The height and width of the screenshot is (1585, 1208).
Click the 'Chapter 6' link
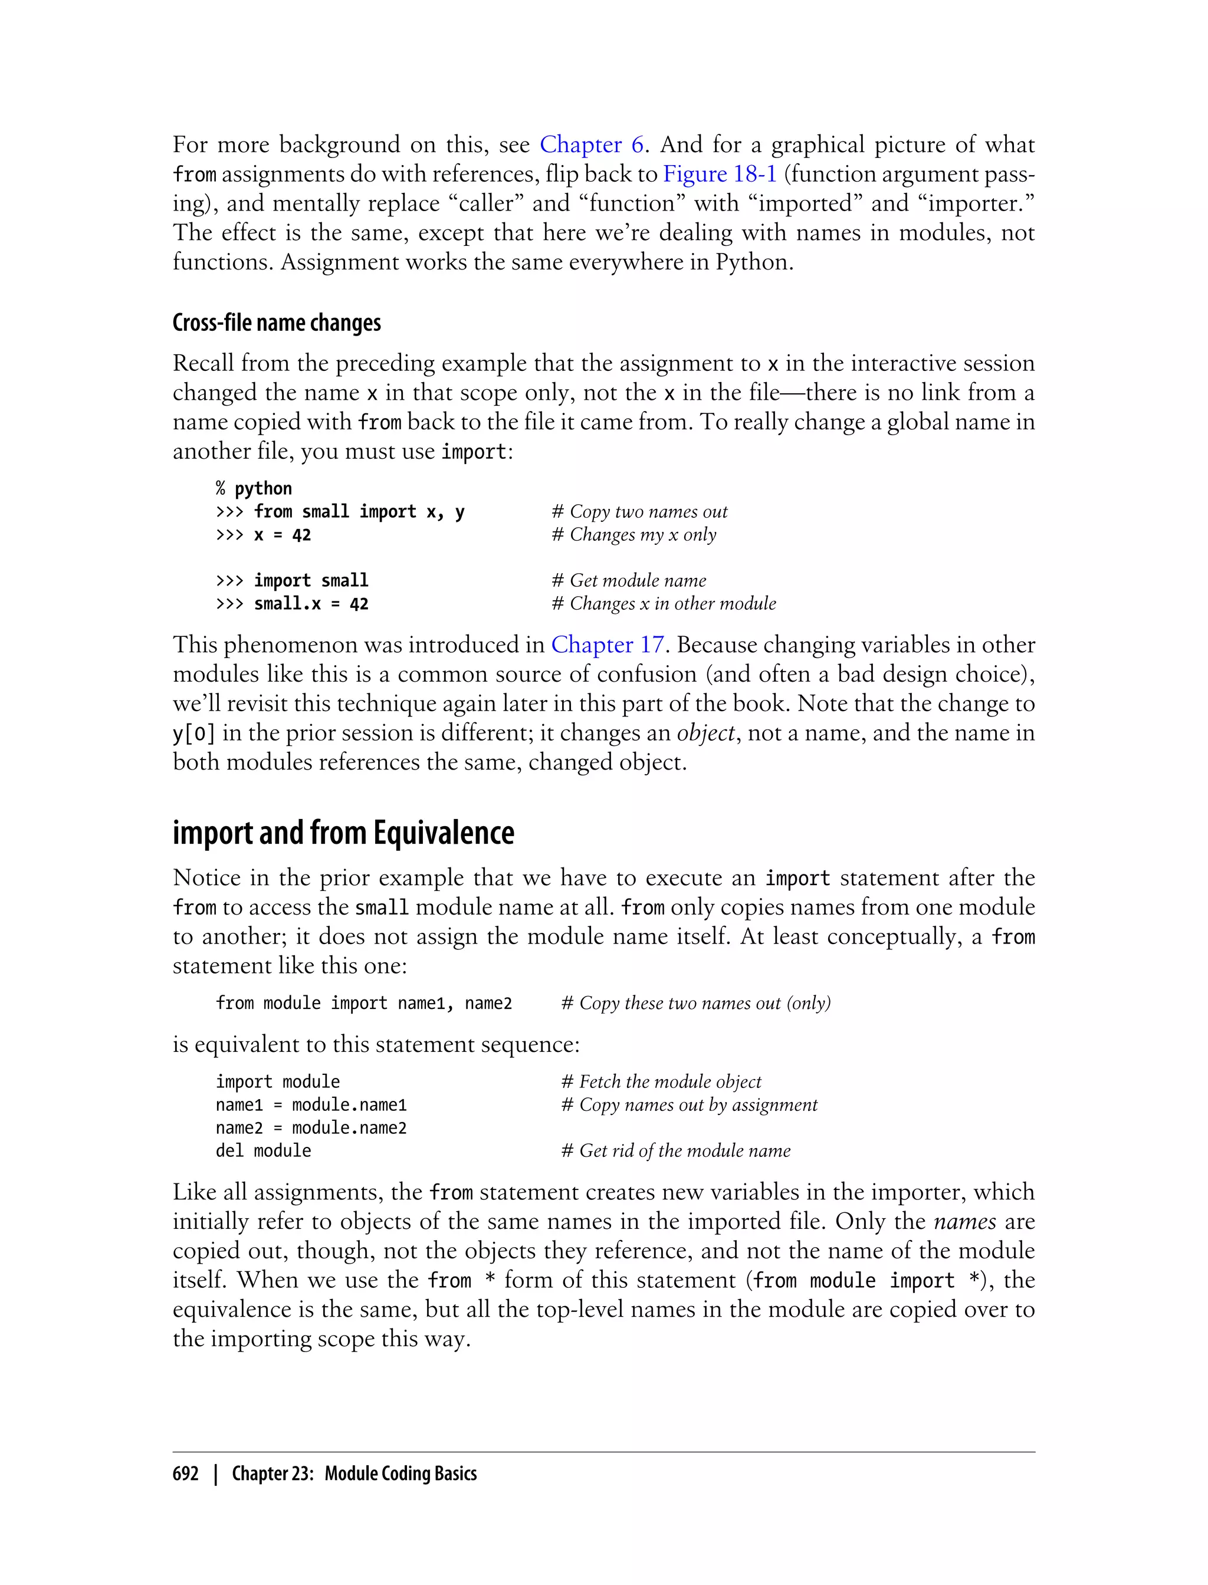[591, 144]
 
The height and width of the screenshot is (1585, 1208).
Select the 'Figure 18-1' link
[719, 174]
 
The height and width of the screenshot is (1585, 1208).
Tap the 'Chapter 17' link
[607, 644]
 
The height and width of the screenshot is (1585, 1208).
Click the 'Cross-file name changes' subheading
[277, 323]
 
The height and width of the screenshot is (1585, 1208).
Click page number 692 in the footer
[186, 1474]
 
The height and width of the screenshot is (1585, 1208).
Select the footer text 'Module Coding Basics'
[401, 1474]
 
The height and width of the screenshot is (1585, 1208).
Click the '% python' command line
[254, 489]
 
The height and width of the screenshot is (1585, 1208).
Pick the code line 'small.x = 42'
[311, 604]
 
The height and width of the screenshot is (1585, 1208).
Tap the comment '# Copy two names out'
[639, 512]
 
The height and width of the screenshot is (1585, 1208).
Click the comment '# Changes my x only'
[633, 535]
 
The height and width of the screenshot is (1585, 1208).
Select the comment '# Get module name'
[628, 581]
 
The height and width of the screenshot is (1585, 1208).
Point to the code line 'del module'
[263, 1151]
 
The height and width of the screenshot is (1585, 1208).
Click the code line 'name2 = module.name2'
[311, 1128]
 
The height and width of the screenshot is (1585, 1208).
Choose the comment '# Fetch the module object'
[661, 1082]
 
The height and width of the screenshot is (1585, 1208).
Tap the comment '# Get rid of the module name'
[675, 1151]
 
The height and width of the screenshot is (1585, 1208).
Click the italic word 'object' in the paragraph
[705, 733]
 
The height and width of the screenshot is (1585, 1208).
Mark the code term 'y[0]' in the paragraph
[193, 733]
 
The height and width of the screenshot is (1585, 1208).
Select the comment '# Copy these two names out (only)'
[695, 1004]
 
